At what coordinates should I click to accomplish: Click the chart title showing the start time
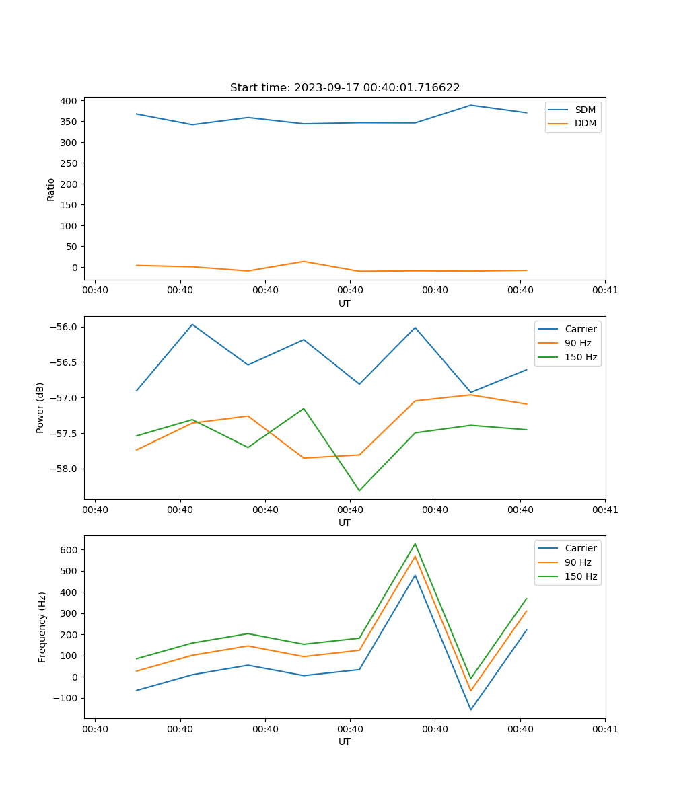pos(345,88)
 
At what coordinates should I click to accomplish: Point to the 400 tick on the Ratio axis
pos(69,101)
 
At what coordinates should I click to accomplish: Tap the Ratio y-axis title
pos(51,190)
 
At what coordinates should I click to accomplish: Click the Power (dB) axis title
pos(40,408)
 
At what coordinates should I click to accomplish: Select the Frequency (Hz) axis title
pos(42,627)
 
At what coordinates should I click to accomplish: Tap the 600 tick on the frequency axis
pos(69,550)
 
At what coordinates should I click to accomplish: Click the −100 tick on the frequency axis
pos(66,698)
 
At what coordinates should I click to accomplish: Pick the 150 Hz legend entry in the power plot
pos(581,357)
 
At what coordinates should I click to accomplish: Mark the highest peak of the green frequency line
pos(415,543)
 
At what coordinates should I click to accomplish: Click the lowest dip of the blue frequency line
pos(470,709)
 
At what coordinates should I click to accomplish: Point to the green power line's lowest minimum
pos(359,490)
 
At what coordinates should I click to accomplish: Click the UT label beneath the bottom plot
pos(345,742)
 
